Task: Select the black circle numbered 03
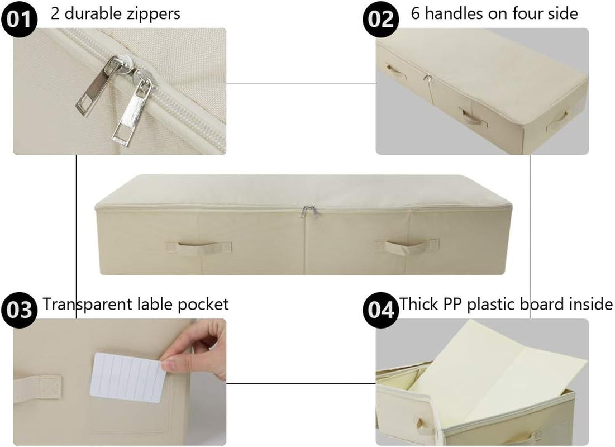(x=20, y=309)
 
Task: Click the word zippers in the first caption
(x=154, y=13)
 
